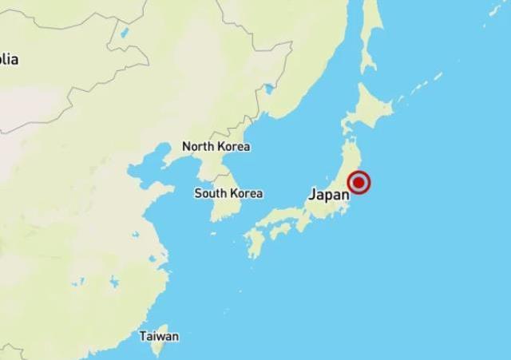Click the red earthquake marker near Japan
tap(360, 183)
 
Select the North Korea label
tap(216, 147)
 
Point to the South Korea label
tap(228, 193)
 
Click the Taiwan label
tap(159, 336)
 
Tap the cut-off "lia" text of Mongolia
tap(10, 59)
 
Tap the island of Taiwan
tap(160, 319)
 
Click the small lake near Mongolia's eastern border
tap(123, 34)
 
